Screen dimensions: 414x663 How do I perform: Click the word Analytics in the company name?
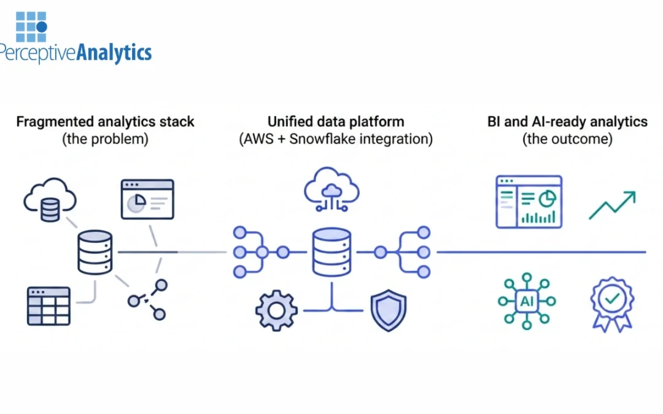(114, 53)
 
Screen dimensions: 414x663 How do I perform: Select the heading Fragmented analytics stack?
(105, 121)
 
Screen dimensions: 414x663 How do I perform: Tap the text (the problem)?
(105, 139)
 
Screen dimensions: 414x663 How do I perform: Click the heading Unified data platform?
(335, 121)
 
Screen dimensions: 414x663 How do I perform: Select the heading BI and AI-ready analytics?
(567, 121)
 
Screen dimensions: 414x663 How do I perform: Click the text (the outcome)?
(567, 139)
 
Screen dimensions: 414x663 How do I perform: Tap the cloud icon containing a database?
(49, 199)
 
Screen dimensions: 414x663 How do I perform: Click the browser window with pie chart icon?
(147, 199)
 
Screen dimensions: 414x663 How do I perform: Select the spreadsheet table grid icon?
(49, 305)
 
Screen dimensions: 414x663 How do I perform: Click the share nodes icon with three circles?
(148, 299)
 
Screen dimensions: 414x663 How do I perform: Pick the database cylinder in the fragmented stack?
(95, 251)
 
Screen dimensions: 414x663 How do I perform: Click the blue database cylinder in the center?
(331, 251)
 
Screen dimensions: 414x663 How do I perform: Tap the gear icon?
(276, 310)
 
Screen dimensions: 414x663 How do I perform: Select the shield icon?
(388, 310)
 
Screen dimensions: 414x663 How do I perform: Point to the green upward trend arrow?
(611, 205)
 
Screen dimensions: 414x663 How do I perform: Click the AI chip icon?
(527, 301)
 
